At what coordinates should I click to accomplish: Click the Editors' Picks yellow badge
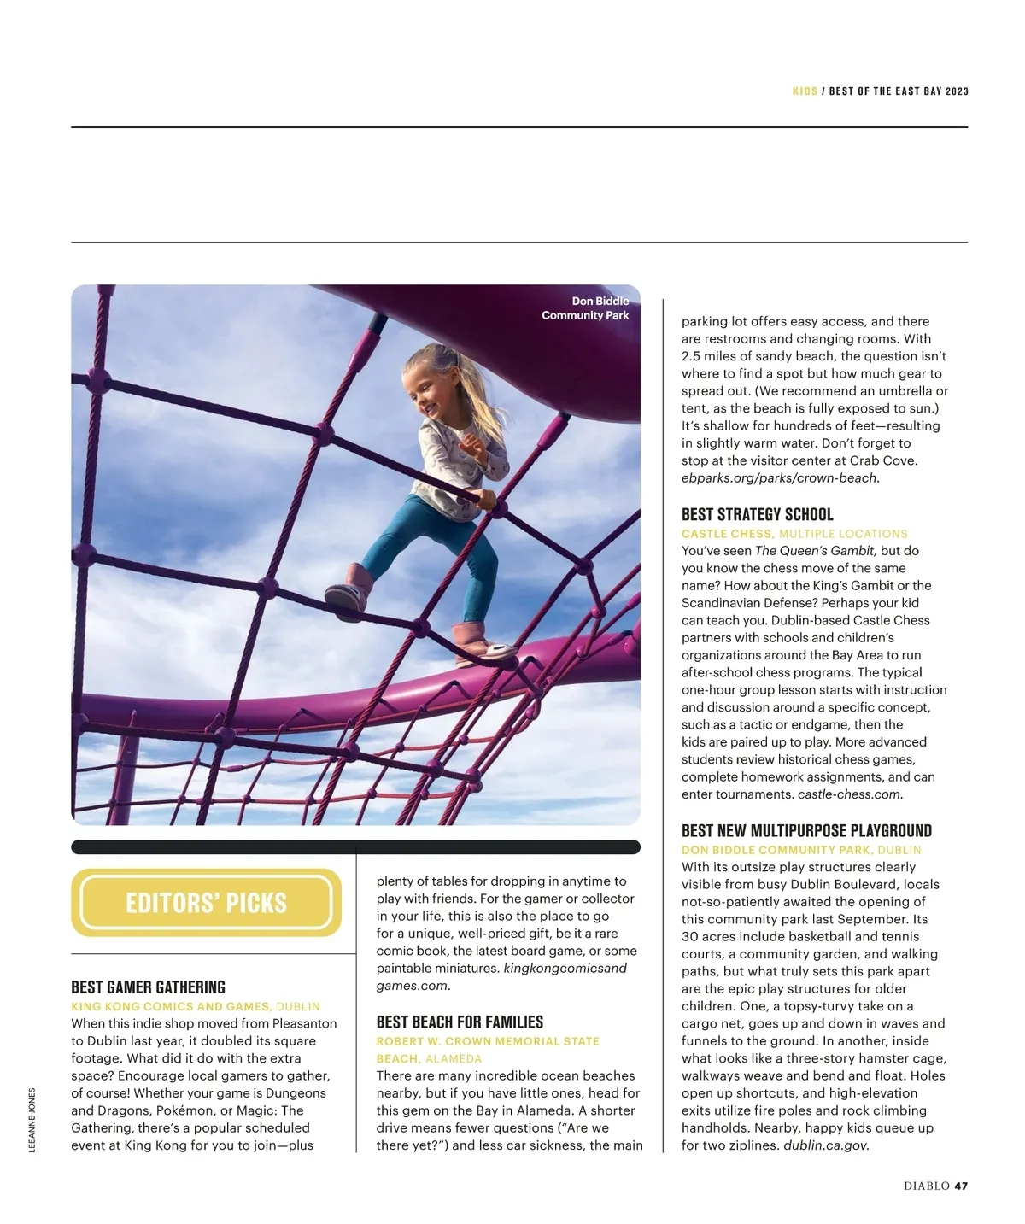[206, 903]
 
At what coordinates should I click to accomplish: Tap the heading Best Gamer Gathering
[148, 987]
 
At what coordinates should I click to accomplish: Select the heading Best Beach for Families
[460, 1022]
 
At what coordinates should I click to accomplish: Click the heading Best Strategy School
[757, 514]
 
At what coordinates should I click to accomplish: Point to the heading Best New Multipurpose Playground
[806, 830]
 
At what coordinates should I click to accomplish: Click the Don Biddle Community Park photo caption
[586, 308]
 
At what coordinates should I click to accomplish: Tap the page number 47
[961, 1186]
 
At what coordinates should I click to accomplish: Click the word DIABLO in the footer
[927, 1186]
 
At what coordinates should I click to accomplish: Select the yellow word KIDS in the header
[805, 91]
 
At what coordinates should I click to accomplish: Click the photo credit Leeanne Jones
[32, 1120]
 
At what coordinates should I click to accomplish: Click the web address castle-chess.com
[850, 794]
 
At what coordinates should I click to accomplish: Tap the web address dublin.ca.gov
[825, 1145]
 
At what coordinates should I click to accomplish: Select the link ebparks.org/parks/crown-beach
[780, 478]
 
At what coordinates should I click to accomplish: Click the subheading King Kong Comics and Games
[171, 1007]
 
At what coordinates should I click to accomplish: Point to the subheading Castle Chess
[727, 534]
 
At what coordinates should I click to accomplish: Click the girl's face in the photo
[428, 389]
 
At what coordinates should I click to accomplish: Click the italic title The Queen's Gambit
[816, 551]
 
